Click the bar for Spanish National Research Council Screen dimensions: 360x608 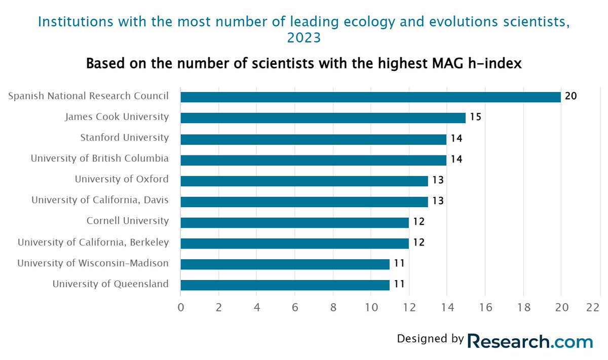point(370,97)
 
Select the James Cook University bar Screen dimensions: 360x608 point(323,118)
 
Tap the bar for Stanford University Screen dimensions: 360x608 point(313,139)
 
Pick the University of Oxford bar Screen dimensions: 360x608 point(304,181)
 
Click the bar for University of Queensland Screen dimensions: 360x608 point(285,285)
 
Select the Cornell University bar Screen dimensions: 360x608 point(294,222)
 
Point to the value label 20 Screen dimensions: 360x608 point(571,97)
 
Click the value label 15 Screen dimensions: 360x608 point(475,117)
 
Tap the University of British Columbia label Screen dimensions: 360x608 point(99,158)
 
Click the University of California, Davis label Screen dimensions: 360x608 point(100,200)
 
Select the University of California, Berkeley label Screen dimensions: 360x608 point(93,243)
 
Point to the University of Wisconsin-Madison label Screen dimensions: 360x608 point(93,263)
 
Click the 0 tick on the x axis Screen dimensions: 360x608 point(181,307)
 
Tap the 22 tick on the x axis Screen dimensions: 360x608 point(593,307)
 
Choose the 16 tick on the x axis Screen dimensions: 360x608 point(485,307)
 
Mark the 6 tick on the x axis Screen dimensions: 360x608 point(295,307)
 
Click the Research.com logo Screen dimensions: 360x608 point(529,341)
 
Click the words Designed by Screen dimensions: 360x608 point(430,339)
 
